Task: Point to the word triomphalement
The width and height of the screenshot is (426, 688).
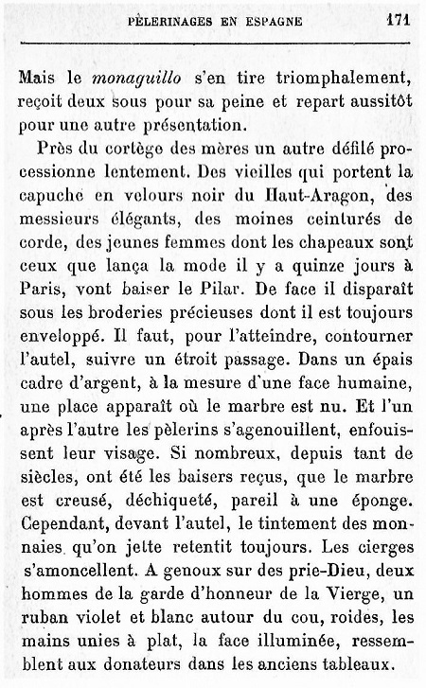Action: click(x=340, y=80)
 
